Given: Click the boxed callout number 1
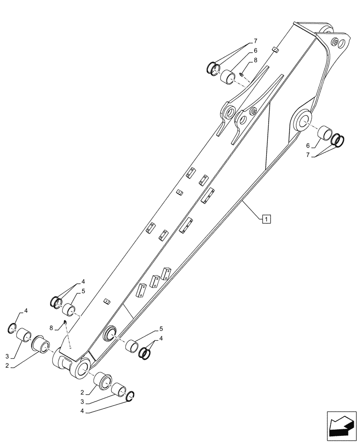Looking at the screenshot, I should [x=266, y=218].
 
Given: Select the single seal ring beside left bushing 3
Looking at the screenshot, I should [x=13, y=328].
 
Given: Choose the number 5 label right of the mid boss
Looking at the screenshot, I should [x=161, y=329].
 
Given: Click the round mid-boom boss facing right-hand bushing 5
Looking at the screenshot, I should [x=110, y=333].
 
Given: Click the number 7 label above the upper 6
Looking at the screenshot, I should [x=255, y=41].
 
